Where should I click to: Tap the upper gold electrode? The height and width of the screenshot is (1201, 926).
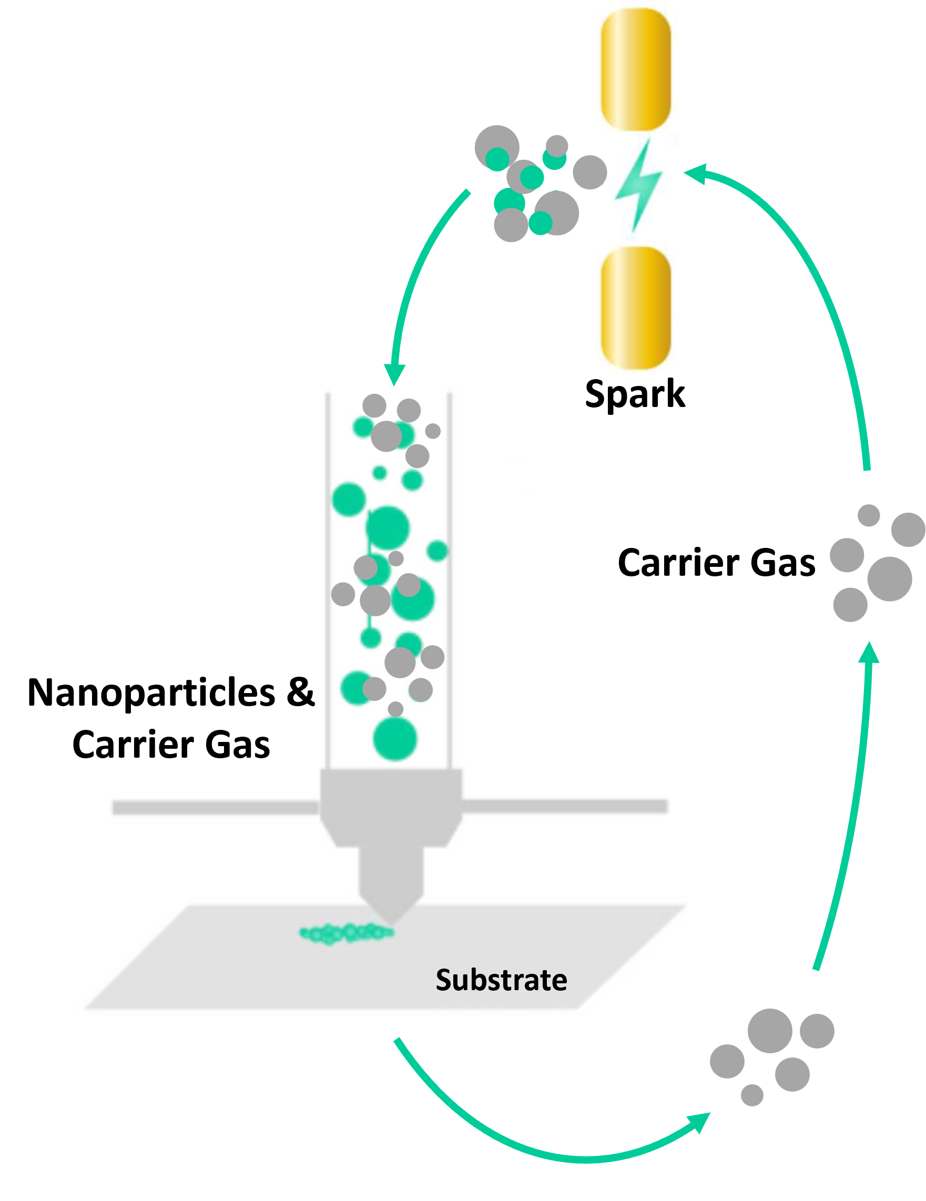(636, 69)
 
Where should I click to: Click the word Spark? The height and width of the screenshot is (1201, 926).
(635, 396)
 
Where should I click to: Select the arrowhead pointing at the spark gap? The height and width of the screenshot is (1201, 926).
(695, 172)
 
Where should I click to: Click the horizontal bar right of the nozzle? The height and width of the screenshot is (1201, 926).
(564, 806)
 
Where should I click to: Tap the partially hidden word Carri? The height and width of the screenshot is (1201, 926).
(658, 563)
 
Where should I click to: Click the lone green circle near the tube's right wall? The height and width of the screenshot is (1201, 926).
(437, 551)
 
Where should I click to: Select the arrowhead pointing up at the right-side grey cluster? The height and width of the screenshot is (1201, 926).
(869, 652)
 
